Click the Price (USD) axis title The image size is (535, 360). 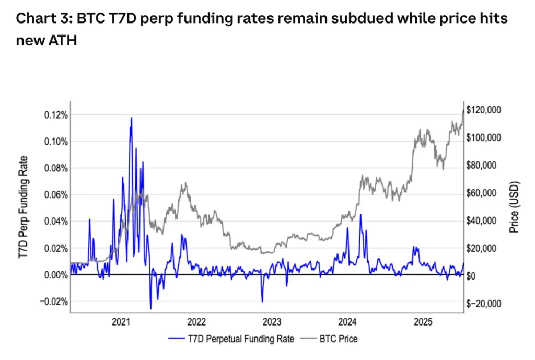pos(514,208)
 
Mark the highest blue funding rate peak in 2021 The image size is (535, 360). pos(131,118)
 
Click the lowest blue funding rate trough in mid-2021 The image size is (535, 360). pos(150,308)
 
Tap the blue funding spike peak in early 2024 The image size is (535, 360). pos(360,214)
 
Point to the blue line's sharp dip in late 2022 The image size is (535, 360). pos(262,301)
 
